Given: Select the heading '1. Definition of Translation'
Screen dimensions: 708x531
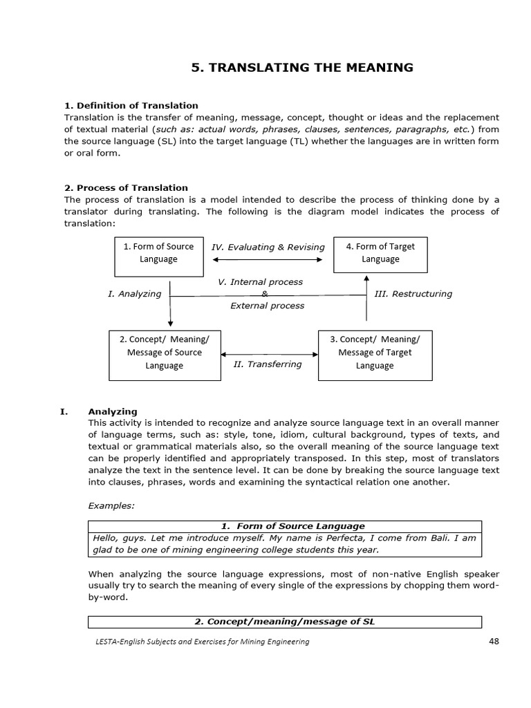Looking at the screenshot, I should point(131,105).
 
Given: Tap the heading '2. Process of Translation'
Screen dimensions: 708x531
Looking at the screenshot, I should point(126,187).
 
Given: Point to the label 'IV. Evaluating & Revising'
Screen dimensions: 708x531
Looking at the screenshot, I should point(268,247).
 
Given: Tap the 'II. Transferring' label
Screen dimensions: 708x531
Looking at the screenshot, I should point(268,364).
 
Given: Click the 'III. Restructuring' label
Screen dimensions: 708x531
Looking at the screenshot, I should point(413,293).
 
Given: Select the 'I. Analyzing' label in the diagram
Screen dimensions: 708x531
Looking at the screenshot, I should point(134,293).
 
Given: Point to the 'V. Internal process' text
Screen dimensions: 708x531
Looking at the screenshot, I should point(260,282).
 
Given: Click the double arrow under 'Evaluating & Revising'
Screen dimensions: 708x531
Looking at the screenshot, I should point(268,260).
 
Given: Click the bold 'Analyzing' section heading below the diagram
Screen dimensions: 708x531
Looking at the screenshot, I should point(113,411).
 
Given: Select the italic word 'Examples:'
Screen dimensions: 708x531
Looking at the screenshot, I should point(111,505).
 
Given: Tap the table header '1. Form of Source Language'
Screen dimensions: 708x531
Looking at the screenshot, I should point(285,526).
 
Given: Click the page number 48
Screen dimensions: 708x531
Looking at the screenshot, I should point(494,641).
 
